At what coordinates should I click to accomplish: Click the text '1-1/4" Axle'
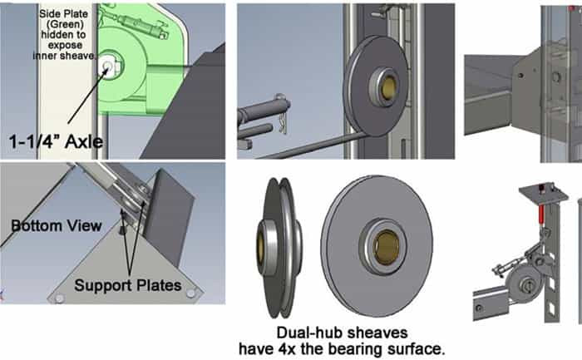click(x=56, y=142)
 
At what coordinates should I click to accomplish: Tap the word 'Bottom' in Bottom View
click(x=37, y=225)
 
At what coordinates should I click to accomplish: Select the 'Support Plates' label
click(x=128, y=285)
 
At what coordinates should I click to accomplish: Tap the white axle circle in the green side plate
click(x=107, y=66)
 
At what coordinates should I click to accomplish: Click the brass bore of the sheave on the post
click(x=388, y=87)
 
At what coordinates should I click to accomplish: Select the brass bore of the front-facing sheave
click(x=386, y=247)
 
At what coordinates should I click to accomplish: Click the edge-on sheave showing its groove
click(x=279, y=248)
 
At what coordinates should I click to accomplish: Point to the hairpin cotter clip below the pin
click(x=283, y=121)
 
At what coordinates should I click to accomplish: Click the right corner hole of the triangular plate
click(x=190, y=293)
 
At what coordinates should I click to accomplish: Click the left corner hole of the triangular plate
click(x=59, y=298)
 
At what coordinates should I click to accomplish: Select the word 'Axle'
click(x=84, y=142)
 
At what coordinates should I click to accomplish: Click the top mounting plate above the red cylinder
click(x=544, y=192)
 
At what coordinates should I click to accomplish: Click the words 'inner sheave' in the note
click(x=64, y=56)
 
